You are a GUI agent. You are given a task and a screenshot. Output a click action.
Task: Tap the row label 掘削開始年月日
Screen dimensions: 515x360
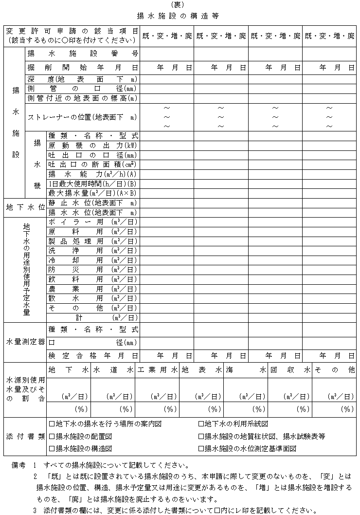(x=83, y=68)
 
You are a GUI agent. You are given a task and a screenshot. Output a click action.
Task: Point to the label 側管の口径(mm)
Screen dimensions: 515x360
(x=83, y=89)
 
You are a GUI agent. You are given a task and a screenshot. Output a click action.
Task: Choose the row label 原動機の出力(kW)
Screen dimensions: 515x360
(x=93, y=145)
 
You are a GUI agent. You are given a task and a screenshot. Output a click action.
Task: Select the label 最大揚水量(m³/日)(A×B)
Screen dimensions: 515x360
(x=93, y=193)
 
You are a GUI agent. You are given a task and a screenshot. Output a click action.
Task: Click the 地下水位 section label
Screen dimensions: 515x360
(x=25, y=207)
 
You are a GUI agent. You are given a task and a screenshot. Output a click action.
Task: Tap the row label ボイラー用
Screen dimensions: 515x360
(x=93, y=222)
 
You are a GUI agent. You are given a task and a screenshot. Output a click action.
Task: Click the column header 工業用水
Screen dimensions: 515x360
(x=157, y=370)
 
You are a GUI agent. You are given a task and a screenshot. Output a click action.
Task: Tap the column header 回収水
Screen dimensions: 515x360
(x=290, y=370)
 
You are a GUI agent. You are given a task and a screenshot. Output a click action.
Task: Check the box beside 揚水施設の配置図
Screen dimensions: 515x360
(x=52, y=436)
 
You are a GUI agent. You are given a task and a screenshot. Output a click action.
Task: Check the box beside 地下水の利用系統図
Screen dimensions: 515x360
(x=201, y=424)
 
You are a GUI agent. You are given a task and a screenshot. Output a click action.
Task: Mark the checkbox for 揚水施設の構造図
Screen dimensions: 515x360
(x=52, y=448)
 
